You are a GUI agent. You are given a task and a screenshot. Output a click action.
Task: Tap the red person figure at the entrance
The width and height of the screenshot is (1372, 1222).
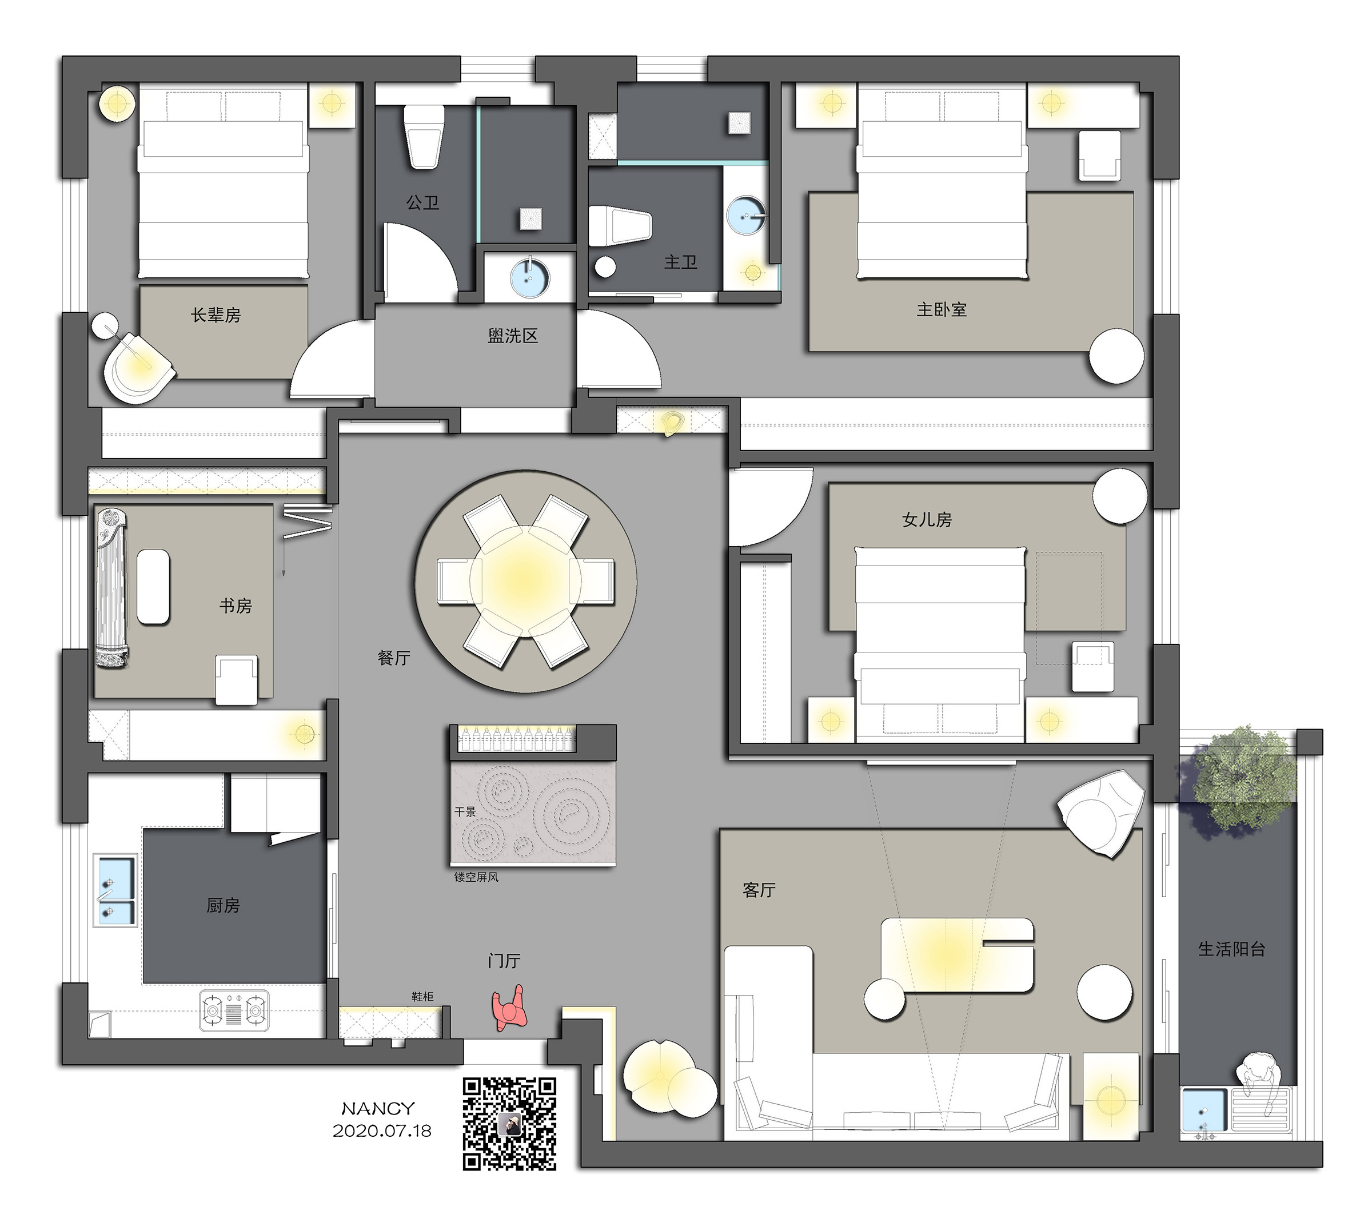509,1007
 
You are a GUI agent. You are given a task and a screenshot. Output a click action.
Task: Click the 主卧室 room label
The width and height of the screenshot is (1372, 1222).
942,309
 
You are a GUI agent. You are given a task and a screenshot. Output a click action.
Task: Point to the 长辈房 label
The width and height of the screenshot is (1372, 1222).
216,315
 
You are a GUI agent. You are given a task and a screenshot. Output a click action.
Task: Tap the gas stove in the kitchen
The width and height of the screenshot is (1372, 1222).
234,1010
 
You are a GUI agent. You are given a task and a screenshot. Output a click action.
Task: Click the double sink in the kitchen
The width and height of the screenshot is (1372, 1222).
115,890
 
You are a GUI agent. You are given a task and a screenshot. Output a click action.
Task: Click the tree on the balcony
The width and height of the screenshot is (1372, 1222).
1244,779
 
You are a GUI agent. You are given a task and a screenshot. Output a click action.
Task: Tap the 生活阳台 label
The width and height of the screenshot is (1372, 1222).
1232,949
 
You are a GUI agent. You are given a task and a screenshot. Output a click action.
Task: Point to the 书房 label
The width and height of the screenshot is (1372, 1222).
236,606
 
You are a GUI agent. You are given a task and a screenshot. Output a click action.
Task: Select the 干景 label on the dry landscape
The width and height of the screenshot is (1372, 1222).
465,812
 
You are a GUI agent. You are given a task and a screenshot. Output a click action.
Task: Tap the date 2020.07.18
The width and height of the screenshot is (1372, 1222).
382,1131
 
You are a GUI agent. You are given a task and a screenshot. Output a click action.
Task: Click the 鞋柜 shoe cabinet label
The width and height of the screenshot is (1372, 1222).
422,996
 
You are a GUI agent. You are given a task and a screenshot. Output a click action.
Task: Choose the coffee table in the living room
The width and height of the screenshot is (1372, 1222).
957,955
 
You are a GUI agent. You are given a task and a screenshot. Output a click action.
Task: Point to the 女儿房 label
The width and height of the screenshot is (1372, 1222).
927,520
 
